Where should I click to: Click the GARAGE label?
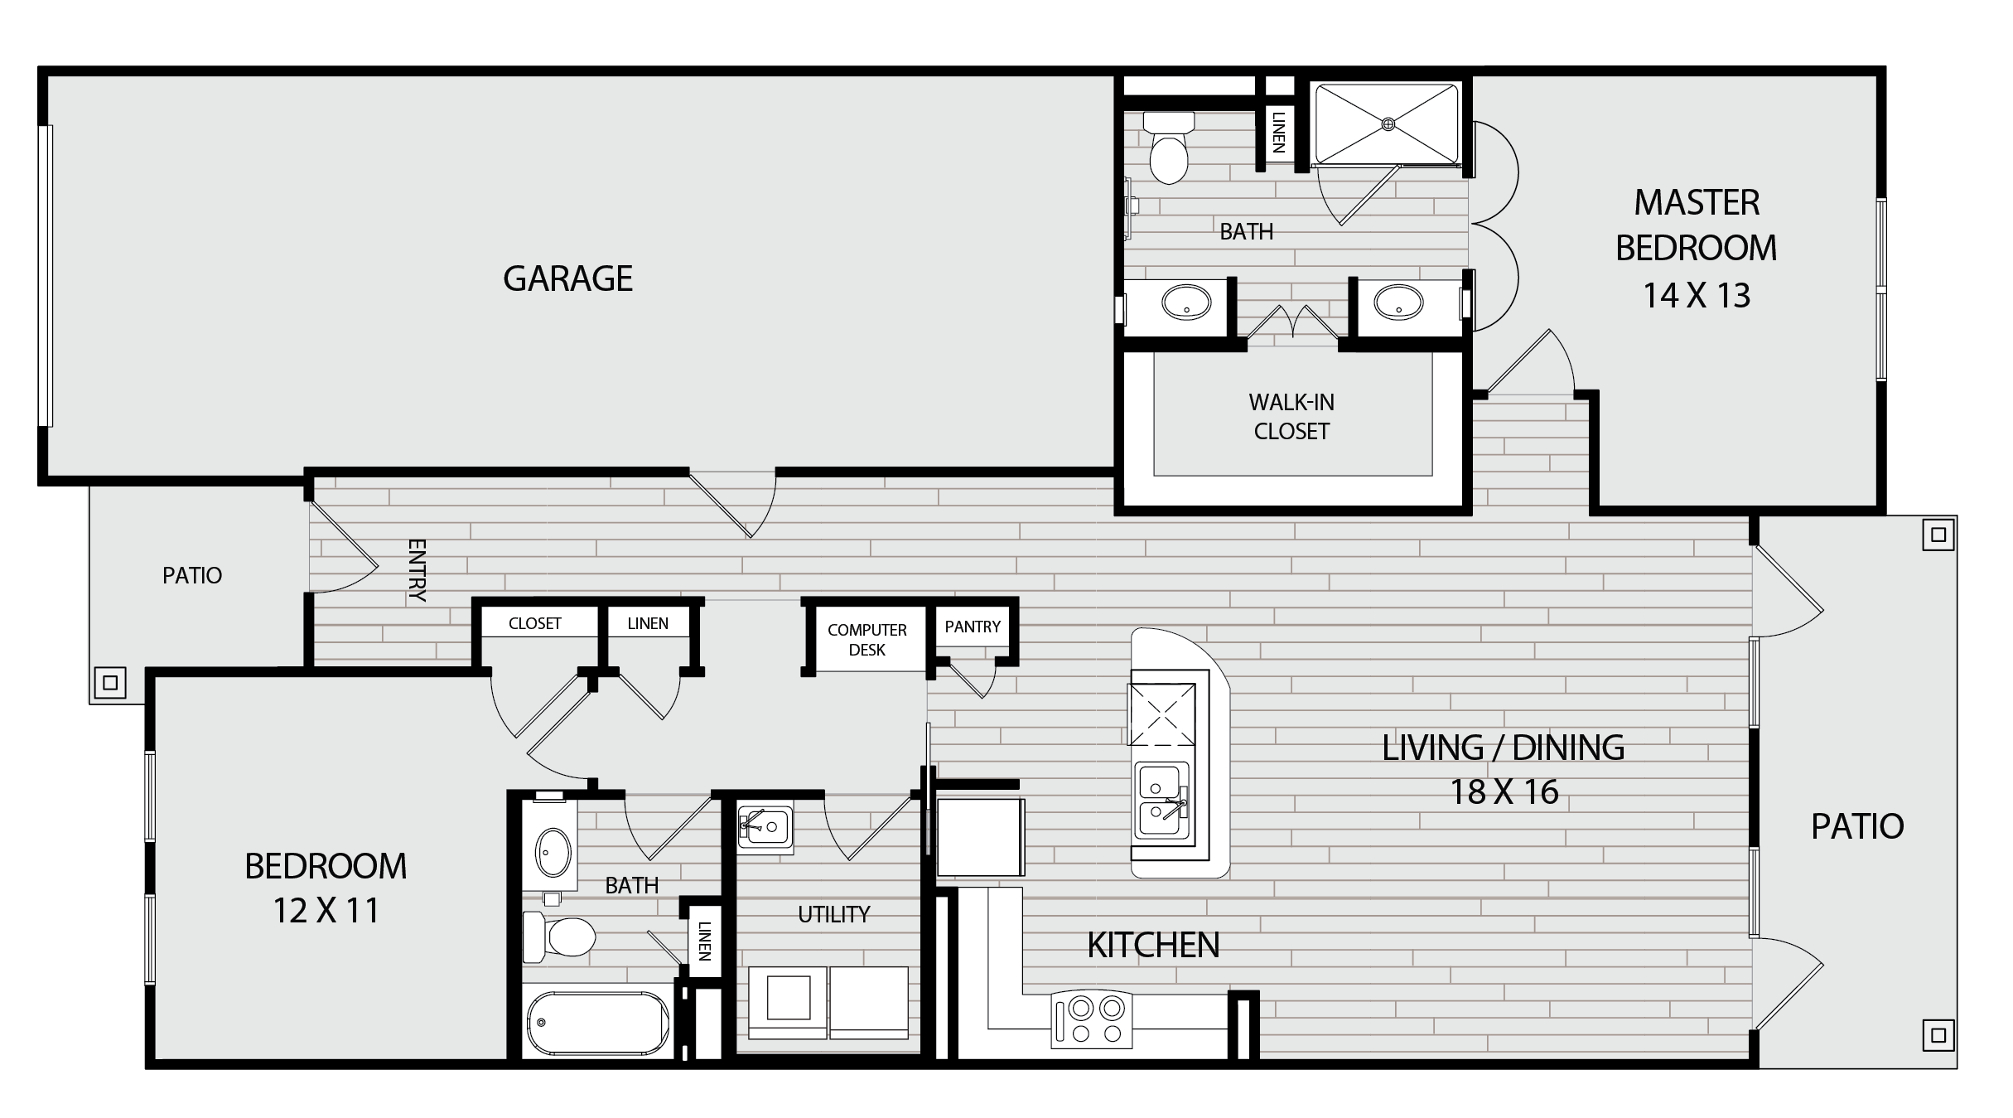(x=567, y=278)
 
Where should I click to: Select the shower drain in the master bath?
(x=1388, y=124)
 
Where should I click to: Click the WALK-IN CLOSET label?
(x=1291, y=417)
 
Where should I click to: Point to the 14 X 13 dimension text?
(x=1697, y=296)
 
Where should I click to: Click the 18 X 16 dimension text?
(x=1504, y=792)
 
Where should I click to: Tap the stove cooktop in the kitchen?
(x=1091, y=1019)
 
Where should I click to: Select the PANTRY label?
(x=973, y=627)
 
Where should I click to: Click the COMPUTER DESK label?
(x=867, y=640)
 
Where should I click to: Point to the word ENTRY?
(x=417, y=570)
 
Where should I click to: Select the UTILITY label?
(x=833, y=914)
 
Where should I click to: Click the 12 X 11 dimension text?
(x=326, y=911)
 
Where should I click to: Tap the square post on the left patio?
(x=110, y=684)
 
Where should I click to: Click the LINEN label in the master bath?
(x=1278, y=133)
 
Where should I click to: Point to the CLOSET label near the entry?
(x=534, y=623)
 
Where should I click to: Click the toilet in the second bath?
(x=559, y=937)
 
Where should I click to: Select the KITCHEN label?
(x=1153, y=946)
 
